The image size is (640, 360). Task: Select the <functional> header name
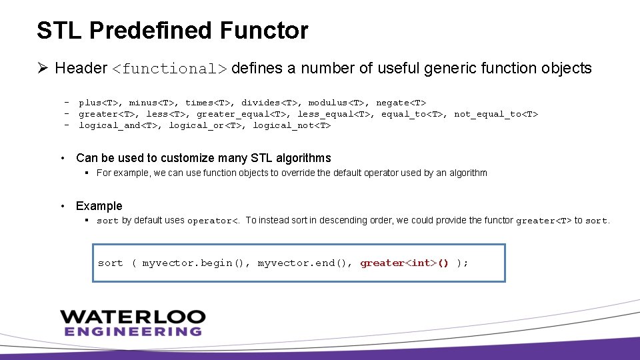(x=169, y=69)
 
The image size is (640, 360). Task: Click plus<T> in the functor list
(x=99, y=103)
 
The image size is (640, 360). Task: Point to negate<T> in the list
(x=401, y=103)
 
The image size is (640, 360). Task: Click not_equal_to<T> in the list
(x=495, y=114)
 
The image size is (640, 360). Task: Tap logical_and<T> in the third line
(x=118, y=125)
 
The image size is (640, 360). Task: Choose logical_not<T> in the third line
(x=291, y=125)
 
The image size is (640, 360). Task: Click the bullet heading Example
(x=99, y=206)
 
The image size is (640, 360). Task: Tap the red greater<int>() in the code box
(x=404, y=263)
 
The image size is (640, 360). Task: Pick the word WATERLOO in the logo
(x=133, y=317)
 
